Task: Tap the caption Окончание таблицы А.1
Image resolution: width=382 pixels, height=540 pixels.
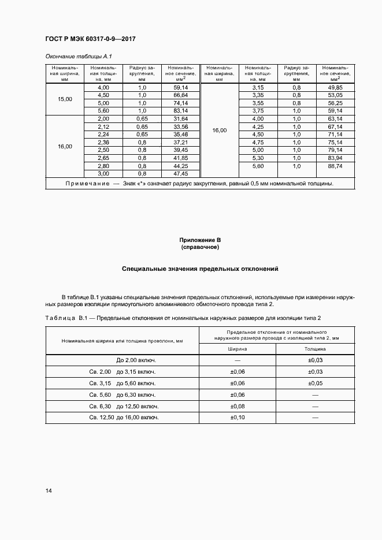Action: coord(78,57)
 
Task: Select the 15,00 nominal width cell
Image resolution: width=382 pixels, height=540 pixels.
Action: coord(65,99)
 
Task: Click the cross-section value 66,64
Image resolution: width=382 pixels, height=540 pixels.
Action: coord(180,95)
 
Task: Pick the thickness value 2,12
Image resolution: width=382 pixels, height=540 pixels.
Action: coord(103,126)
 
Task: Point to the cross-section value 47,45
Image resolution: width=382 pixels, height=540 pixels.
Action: coord(180,173)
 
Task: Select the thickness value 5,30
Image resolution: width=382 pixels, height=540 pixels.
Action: coord(258,158)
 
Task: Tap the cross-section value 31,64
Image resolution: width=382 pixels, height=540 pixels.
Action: coord(180,118)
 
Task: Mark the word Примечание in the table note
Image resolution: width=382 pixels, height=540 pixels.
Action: coord(87,184)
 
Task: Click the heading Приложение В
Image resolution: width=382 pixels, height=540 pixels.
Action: coord(200,240)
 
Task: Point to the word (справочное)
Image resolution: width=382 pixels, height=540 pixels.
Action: coord(200,247)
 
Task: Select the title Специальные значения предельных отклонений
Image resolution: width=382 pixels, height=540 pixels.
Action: coord(200,269)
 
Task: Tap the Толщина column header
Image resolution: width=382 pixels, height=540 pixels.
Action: coord(316,349)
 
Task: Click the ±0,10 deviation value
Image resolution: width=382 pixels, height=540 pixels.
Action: coord(238,417)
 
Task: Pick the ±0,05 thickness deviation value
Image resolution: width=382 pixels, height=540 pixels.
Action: coord(316,383)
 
